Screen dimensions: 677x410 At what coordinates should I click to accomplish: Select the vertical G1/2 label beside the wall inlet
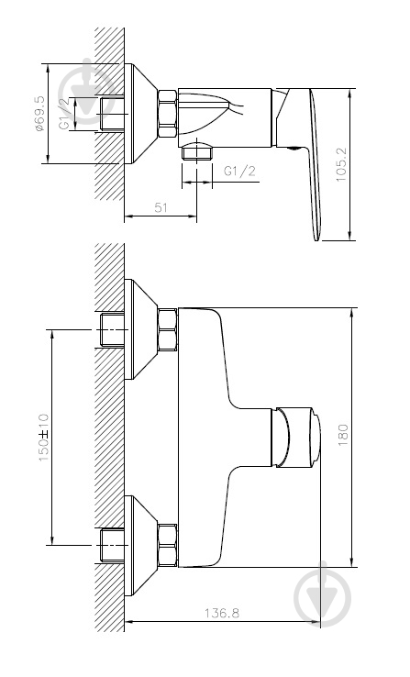(x=64, y=116)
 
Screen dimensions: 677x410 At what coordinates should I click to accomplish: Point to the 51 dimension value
(x=160, y=208)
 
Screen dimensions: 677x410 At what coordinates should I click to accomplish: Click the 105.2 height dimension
(x=342, y=165)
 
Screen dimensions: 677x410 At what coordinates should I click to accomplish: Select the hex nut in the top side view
(x=168, y=114)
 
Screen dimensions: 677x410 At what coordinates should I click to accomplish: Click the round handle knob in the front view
(x=295, y=437)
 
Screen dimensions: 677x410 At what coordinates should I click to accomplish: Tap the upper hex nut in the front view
(x=168, y=330)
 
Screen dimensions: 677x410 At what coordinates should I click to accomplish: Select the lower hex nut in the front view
(x=168, y=545)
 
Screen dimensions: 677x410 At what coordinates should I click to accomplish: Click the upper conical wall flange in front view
(x=139, y=330)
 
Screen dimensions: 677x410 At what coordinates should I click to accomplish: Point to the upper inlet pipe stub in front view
(x=110, y=330)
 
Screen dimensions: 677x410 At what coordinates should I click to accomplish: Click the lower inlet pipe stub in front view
(x=110, y=545)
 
